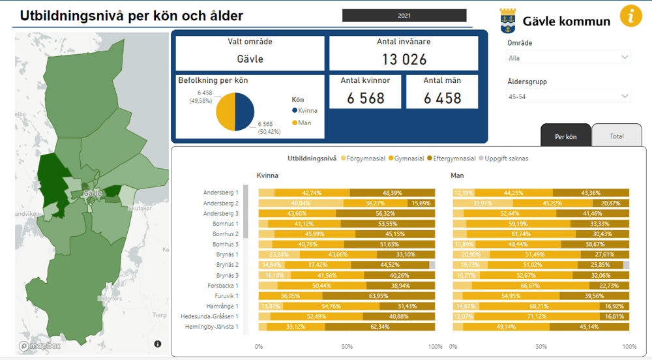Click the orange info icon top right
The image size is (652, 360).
630,15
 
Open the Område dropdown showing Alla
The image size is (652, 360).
569,57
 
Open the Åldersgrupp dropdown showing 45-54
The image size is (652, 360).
569,97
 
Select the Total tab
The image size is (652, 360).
616,136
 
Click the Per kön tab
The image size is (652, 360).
565,136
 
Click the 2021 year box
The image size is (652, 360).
404,16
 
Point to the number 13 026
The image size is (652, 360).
404,60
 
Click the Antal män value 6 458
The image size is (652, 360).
442,98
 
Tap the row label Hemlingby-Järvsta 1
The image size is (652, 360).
211,326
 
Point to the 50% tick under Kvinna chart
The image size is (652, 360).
347,346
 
